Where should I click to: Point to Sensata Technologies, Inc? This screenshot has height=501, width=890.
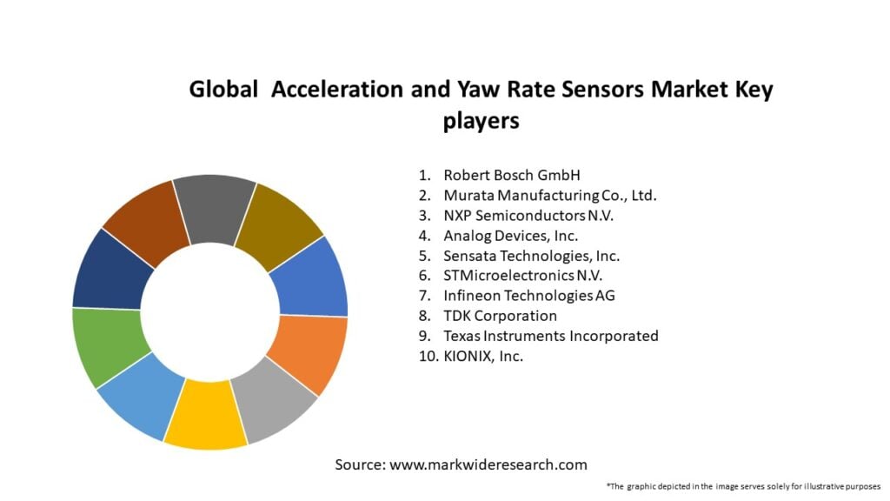click(x=531, y=256)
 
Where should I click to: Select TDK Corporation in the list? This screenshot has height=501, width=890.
click(x=500, y=316)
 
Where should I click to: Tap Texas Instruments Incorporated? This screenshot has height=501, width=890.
click(x=550, y=336)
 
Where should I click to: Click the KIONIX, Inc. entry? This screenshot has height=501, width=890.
click(x=482, y=356)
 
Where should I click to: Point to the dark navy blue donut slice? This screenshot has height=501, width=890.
click(x=110, y=269)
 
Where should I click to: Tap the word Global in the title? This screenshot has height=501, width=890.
click(x=224, y=90)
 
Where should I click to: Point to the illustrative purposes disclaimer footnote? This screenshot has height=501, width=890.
click(x=743, y=486)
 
